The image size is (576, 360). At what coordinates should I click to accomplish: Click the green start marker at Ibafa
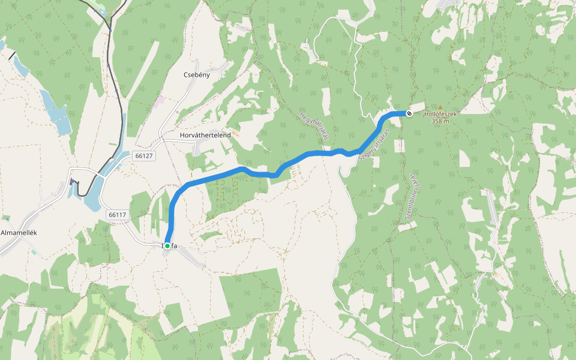click(167, 246)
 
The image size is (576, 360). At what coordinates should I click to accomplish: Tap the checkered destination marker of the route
click(409, 113)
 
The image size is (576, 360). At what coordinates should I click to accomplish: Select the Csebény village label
click(197, 75)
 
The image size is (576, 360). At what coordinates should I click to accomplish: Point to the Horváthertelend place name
click(205, 136)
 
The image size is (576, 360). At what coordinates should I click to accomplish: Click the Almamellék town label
click(19, 233)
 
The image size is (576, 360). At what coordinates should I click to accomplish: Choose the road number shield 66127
click(145, 155)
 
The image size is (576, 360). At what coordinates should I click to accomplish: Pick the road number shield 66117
click(118, 214)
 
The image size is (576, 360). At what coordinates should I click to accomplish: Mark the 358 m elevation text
click(440, 121)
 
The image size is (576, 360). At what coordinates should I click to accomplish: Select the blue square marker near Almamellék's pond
click(73, 182)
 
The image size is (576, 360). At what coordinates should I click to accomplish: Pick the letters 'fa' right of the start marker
click(173, 246)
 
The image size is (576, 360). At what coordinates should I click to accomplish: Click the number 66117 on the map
click(118, 214)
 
